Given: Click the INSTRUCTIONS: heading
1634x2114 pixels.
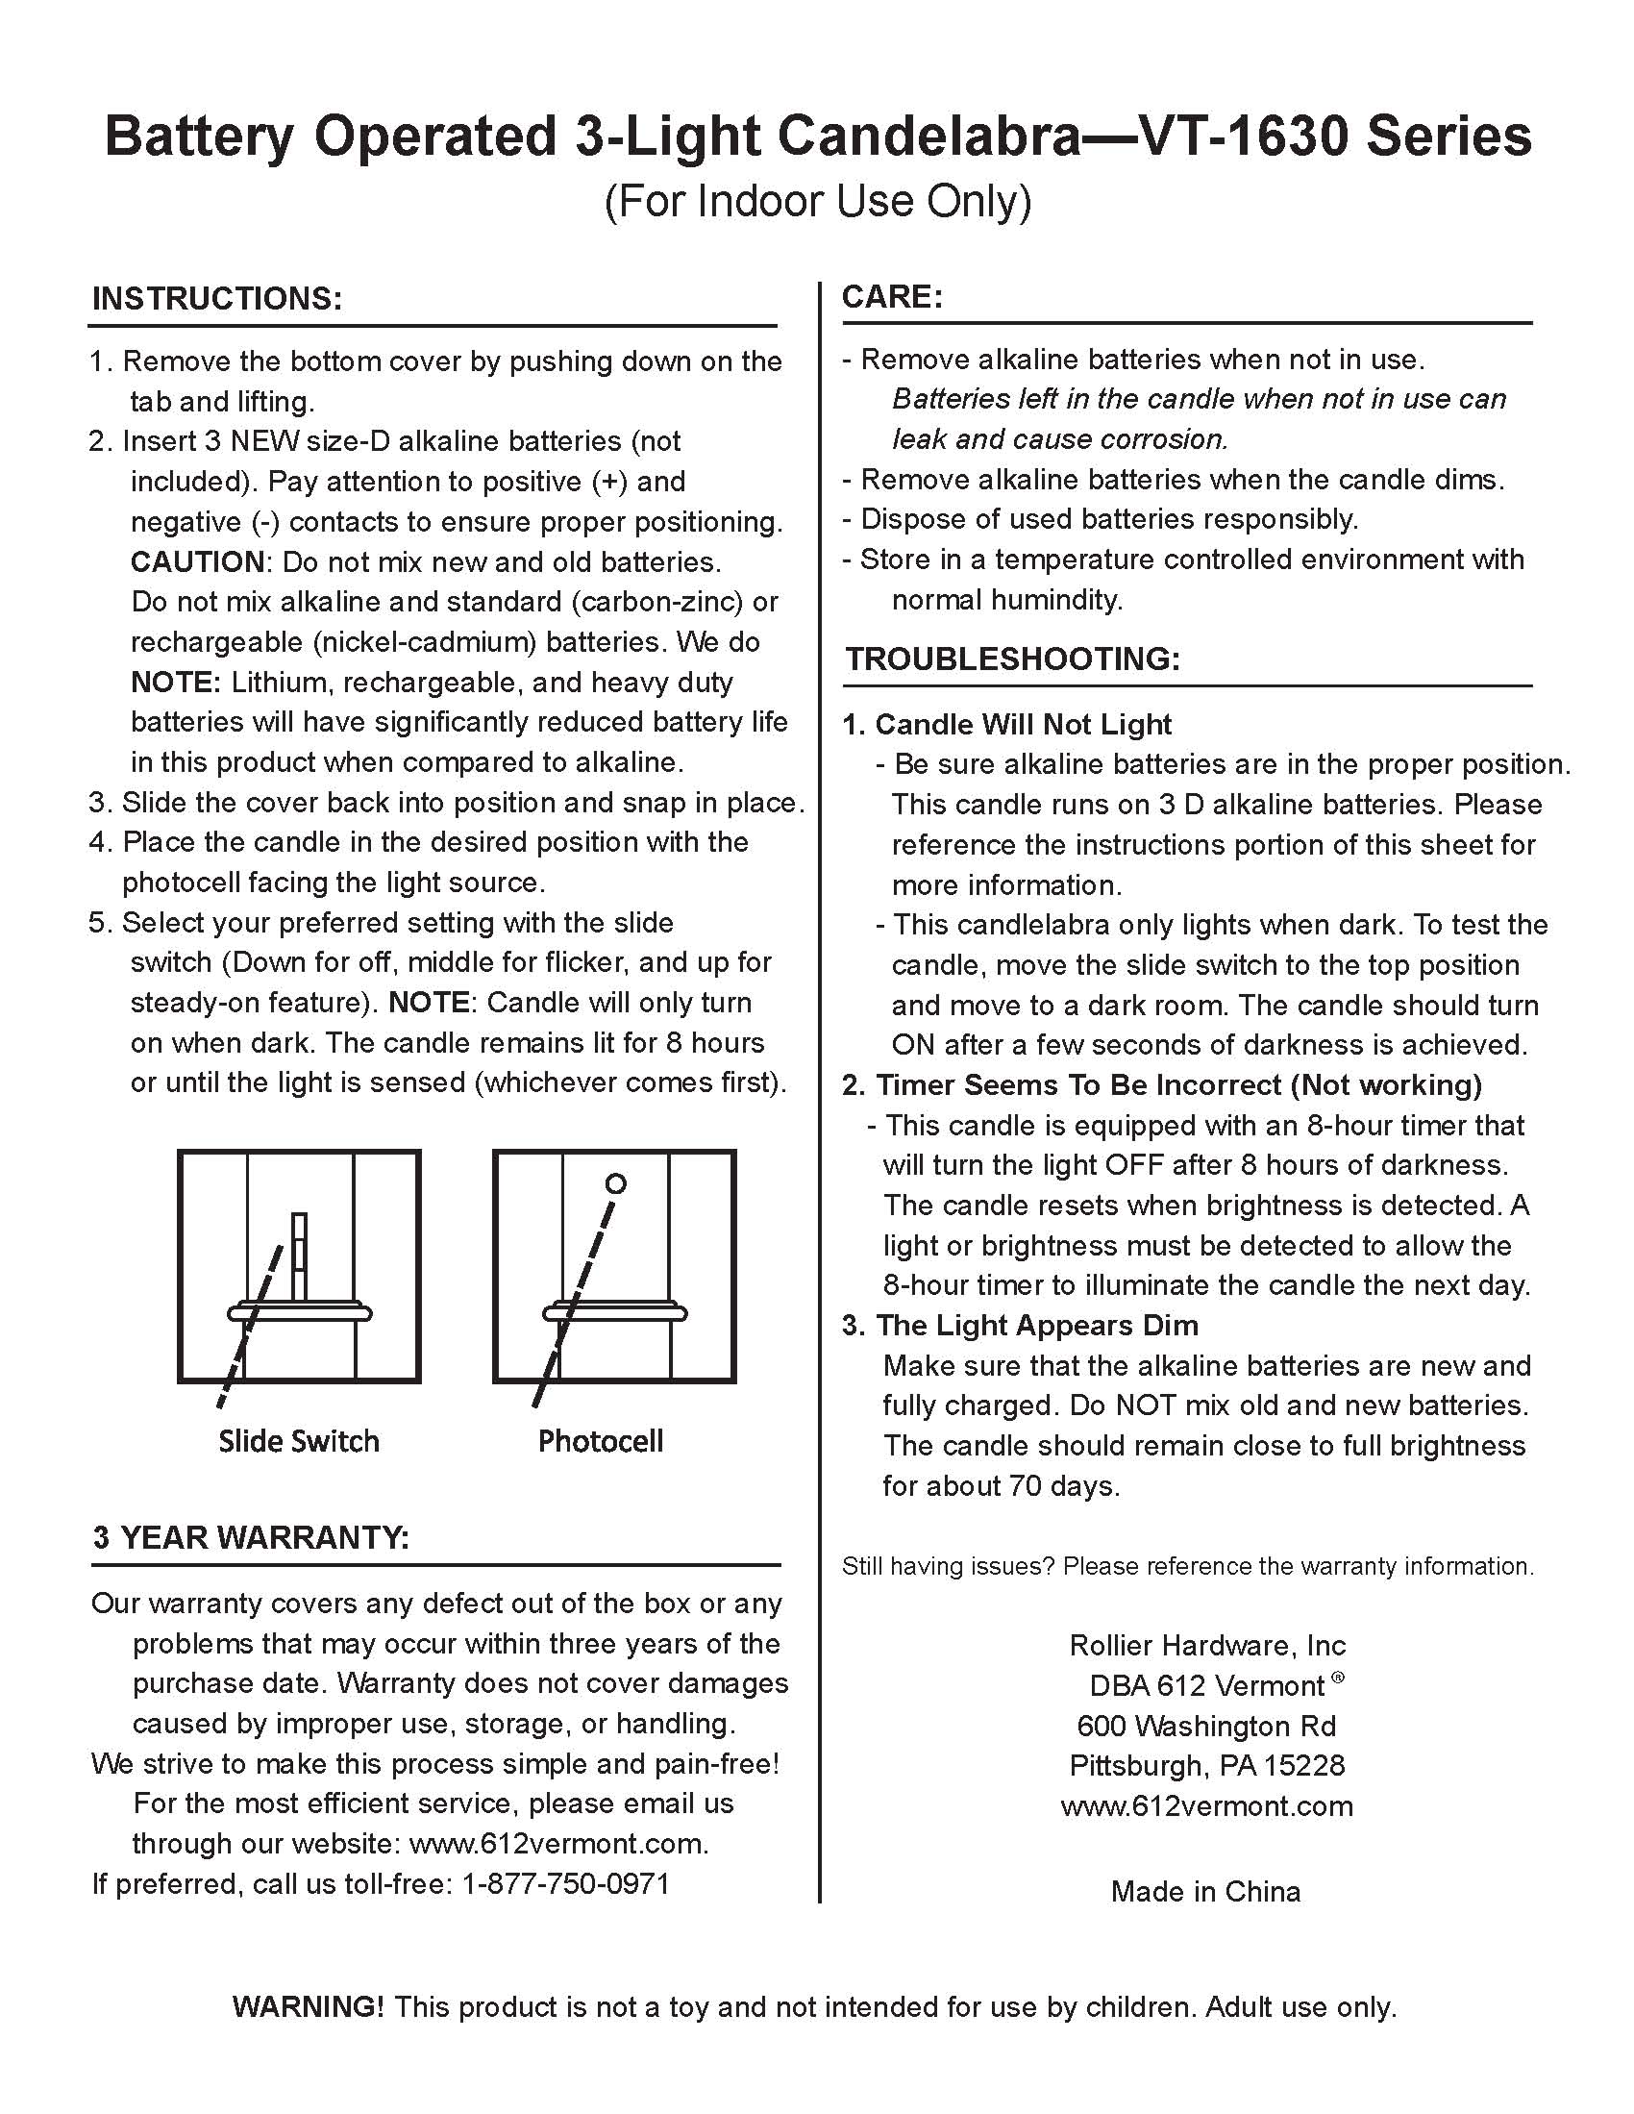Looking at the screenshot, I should click(x=217, y=299).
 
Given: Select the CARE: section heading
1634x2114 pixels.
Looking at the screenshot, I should click(x=892, y=296).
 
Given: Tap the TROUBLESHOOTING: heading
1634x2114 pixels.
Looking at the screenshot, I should click(x=1012, y=659).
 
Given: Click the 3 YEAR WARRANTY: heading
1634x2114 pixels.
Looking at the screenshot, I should click(x=251, y=1537).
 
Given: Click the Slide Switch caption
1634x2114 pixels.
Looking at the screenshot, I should click(x=298, y=1441).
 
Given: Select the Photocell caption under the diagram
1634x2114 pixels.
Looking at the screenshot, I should click(x=600, y=1441).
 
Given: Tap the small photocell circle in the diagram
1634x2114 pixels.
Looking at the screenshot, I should click(x=616, y=1182).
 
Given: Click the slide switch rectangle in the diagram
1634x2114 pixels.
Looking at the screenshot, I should click(x=299, y=1256).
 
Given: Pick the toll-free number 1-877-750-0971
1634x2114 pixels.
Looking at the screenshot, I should click(x=565, y=1883).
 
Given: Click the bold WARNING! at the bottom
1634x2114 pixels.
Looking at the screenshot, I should click(x=308, y=2006).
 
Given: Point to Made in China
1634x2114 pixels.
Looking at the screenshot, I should click(x=1205, y=1891).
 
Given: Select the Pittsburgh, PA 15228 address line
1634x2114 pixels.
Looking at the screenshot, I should click(x=1206, y=1766).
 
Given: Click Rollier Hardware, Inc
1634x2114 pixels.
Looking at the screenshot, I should click(x=1207, y=1646).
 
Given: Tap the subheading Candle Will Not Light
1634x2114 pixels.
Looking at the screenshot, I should click(x=1023, y=725).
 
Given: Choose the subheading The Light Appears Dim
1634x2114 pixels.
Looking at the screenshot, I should click(x=1036, y=1325).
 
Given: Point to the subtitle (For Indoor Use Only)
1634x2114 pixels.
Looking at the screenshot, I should click(x=817, y=201).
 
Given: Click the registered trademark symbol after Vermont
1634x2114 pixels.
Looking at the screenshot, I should click(x=1338, y=1679).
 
